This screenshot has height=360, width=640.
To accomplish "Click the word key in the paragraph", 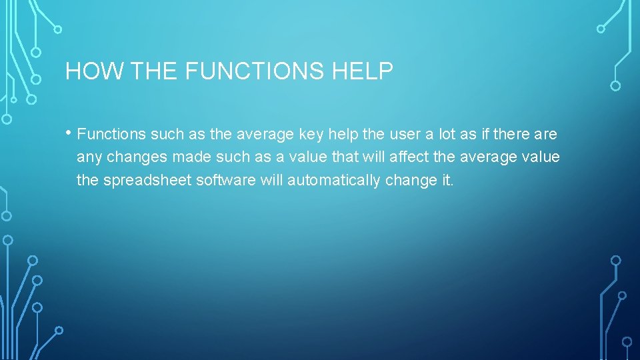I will (311, 134).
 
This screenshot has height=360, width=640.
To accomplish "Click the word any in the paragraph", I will (89, 157).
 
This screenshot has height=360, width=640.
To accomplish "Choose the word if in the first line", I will (485, 134).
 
